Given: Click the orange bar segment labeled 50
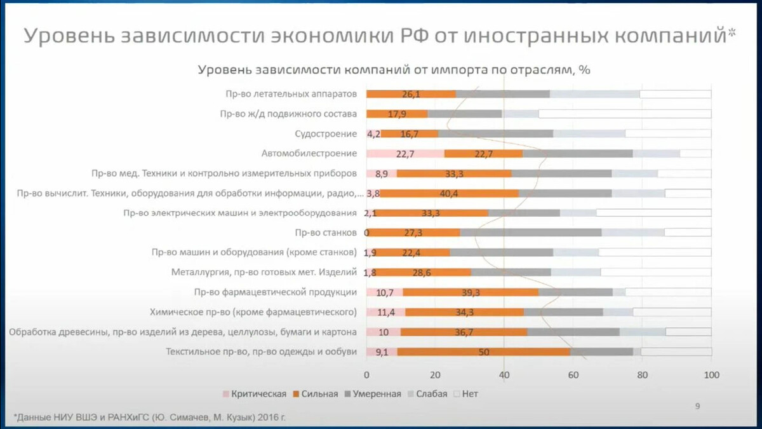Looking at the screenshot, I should point(483,351).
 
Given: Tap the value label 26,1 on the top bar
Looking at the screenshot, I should point(411,94).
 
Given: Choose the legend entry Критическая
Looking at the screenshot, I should point(254,394).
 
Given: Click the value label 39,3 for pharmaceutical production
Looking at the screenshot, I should point(471,292).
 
